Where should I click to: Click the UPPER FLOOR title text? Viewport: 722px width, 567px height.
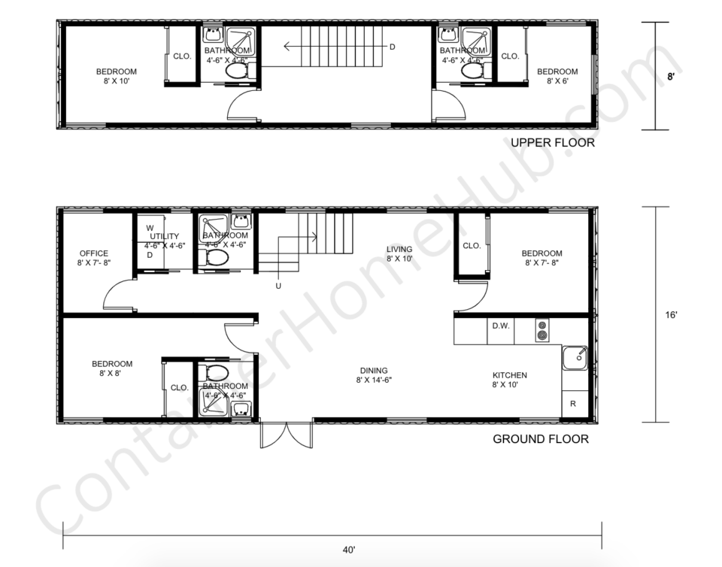pos(553,143)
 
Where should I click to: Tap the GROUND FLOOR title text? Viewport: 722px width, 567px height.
pos(541,439)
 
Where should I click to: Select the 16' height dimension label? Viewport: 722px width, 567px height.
pos(671,316)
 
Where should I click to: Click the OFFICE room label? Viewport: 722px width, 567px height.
pos(93,254)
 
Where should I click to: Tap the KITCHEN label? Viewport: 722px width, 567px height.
pos(509,375)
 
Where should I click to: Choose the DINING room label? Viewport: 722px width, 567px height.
pos(374,371)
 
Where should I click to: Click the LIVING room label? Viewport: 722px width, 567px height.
pos(399,250)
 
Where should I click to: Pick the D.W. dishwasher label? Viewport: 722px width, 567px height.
pos(501,326)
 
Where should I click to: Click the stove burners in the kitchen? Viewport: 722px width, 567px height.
pos(541,331)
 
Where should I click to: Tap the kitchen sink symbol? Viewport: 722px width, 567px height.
pos(575,358)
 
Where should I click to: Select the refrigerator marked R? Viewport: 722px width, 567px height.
pos(573,404)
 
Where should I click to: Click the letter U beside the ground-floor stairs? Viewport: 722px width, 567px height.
pos(279,286)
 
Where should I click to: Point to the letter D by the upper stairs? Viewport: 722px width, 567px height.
pos(392,47)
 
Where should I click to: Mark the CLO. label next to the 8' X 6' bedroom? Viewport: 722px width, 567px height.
pos(510,56)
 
